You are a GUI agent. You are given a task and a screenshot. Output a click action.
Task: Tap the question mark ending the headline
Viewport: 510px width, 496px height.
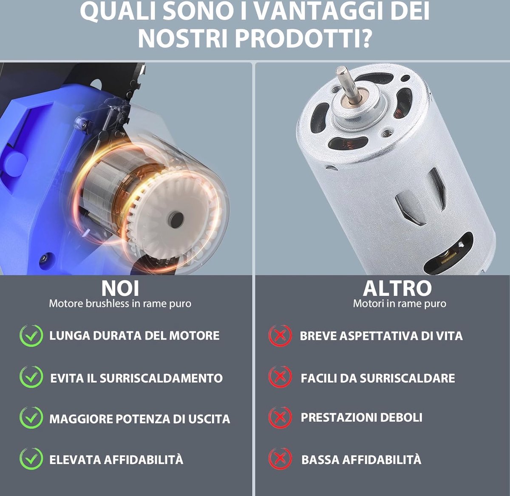click(x=364, y=38)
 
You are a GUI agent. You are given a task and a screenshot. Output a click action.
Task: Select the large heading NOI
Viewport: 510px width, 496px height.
click(x=120, y=288)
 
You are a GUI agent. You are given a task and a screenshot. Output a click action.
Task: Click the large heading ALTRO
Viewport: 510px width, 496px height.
click(x=397, y=288)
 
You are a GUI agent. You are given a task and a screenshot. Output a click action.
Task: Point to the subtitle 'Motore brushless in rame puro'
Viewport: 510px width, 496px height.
click(x=120, y=303)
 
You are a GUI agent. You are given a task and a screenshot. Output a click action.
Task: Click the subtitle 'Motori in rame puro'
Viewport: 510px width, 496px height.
click(x=399, y=303)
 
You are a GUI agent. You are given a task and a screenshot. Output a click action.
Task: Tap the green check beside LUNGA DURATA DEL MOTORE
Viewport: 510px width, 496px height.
click(x=31, y=336)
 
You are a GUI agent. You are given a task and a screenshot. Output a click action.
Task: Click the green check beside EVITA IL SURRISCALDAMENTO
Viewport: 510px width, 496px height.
click(x=31, y=377)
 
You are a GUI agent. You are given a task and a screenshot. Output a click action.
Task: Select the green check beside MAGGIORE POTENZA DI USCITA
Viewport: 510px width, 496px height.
click(x=31, y=418)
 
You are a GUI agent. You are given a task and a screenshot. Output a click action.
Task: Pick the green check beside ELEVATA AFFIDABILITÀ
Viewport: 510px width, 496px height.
click(x=31, y=459)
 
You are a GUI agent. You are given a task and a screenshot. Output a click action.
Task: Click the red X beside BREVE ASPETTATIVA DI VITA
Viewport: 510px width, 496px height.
click(x=280, y=336)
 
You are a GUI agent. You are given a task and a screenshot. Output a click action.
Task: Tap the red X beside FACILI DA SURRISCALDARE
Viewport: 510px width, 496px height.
click(x=280, y=377)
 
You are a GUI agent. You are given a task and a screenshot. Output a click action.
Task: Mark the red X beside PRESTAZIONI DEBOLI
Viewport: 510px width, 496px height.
click(x=280, y=418)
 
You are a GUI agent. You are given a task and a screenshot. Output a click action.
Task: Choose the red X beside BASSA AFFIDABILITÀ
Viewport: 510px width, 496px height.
click(x=280, y=459)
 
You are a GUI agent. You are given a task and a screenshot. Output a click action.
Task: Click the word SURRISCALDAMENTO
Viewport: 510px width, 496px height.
click(x=161, y=378)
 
